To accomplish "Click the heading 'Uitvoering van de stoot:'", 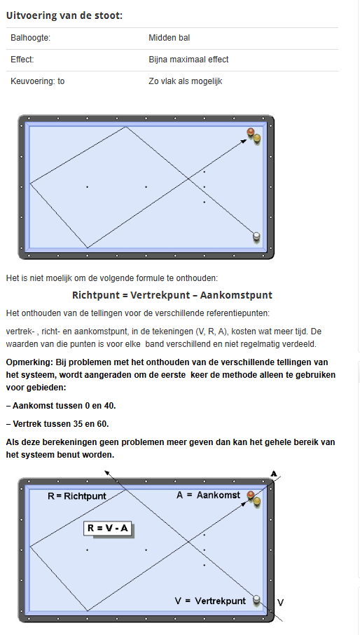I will coord(64,15).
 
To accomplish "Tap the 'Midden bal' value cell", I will coord(169,38).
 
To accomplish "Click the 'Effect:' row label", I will coord(22,60).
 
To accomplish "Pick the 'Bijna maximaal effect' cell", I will coord(188,60).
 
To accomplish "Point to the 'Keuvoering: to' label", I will coord(38,81).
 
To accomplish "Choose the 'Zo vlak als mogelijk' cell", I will coord(185,81).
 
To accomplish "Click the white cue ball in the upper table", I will coord(256,236).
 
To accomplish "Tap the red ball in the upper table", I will coord(250,133).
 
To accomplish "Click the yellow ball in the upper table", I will coord(257,138).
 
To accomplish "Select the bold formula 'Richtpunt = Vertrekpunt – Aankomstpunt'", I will coord(172,295).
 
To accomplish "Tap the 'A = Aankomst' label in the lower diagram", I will coord(208,495).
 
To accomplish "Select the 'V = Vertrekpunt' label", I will coord(210,601).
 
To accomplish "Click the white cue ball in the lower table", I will coord(256,599).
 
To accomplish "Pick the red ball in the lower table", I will coord(250,496).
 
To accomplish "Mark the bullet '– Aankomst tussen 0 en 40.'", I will coord(60,406).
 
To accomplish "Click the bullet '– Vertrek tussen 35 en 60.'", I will coord(57,423).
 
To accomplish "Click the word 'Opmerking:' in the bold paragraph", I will coord(29,363).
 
